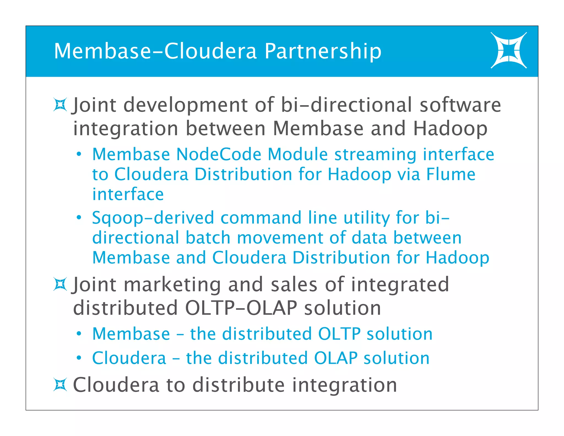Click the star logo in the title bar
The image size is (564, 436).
pyautogui.click(x=508, y=50)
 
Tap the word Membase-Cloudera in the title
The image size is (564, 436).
pyautogui.click(x=155, y=51)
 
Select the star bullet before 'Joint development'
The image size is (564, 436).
pyautogui.click(x=60, y=105)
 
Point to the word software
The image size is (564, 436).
pyautogui.click(x=460, y=105)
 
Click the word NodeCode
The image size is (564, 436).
pyautogui.click(x=219, y=154)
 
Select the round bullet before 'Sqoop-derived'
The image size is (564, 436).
pyautogui.click(x=79, y=218)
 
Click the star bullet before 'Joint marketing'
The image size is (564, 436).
pyautogui.click(x=60, y=284)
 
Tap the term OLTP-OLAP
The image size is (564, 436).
pyautogui.click(x=241, y=308)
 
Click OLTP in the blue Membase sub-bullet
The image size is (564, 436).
pyautogui.click(x=339, y=334)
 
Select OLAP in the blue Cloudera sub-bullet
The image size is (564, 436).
pyautogui.click(x=335, y=358)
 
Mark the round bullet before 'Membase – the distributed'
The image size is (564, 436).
pyautogui.click(x=79, y=334)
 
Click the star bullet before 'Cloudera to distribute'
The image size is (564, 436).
pyautogui.click(x=60, y=385)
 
